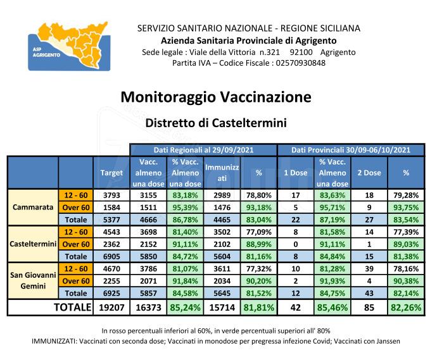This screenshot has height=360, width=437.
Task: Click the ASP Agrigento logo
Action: (70, 45)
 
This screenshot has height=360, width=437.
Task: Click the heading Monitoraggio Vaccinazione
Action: (215, 97)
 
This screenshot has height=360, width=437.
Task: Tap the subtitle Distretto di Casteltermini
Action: (215, 122)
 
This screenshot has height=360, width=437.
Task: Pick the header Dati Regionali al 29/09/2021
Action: (203, 150)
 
